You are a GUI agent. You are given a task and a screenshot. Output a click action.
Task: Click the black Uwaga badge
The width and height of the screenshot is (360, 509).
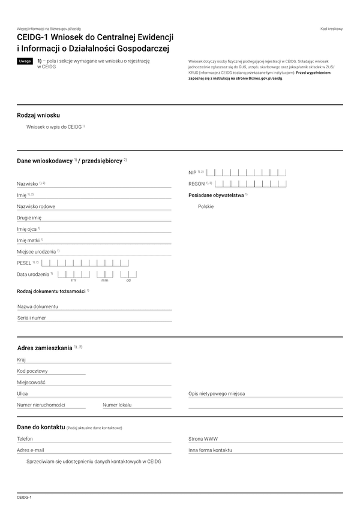coord(25,61)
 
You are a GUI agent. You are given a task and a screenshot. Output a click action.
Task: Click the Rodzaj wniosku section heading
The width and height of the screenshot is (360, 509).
coord(38,115)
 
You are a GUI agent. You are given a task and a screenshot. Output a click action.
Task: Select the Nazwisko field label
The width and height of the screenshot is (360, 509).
coord(28,183)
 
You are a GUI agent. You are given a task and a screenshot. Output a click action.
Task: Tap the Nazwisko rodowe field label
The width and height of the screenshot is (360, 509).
coord(36,206)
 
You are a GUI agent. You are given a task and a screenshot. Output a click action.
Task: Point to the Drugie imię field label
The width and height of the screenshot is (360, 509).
coord(29,218)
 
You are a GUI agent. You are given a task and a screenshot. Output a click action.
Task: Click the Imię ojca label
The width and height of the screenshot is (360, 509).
coord(27,229)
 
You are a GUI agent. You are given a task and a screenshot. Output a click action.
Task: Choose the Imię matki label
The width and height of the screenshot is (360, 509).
coord(28,240)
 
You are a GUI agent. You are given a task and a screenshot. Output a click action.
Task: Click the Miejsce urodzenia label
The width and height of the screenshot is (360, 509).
coord(37,251)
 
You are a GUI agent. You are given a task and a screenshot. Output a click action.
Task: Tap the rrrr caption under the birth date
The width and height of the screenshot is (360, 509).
coord(73,280)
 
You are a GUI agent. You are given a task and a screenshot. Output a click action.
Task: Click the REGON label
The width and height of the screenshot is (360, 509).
coord(197,183)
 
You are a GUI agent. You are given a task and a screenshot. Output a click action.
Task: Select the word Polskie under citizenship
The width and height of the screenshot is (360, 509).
coord(206,206)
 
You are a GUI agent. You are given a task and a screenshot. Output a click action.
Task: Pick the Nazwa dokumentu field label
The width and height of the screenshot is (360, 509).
coord(38,306)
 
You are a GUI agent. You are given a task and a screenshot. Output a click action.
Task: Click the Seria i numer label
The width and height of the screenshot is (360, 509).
coord(32,318)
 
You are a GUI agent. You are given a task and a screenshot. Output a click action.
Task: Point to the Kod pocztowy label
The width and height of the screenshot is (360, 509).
coord(32,371)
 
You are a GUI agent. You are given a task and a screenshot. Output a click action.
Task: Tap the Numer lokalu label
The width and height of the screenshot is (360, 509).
coord(117,405)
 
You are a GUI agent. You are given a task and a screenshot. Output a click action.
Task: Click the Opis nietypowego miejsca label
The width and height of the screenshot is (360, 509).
coord(217,394)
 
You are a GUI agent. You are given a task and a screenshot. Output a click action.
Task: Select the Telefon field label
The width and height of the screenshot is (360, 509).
coord(25,439)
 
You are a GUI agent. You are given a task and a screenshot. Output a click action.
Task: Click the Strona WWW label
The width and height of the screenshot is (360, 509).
coord(203,439)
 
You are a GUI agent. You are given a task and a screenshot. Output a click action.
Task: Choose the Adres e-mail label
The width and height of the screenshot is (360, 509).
coord(31,450)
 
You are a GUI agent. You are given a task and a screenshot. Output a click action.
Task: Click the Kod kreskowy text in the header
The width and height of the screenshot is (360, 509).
coord(331,29)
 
